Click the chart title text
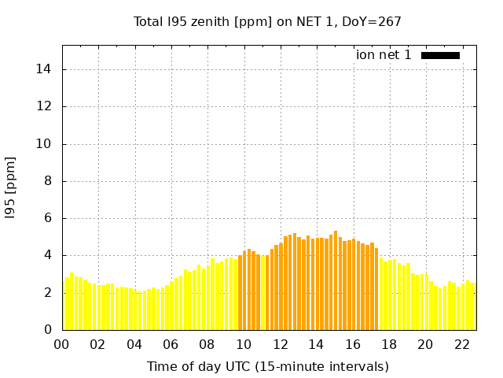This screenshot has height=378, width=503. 267,22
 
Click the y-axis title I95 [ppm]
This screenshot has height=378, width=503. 11,187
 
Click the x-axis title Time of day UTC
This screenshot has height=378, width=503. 267,366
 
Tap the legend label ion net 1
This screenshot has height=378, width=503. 384,55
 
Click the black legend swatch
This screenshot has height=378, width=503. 440,55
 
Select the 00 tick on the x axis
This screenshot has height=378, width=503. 62,345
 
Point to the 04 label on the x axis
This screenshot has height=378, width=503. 134,345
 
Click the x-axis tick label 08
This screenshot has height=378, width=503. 207,345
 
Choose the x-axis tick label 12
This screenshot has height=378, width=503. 280,345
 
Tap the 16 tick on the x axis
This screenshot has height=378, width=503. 352,345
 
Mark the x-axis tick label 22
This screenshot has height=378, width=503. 461,345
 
